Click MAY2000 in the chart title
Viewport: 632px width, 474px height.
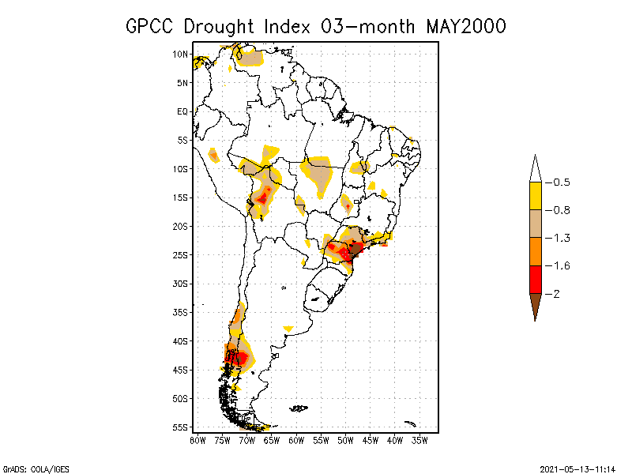pyautogui.click(x=466, y=26)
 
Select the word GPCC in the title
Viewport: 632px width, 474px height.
pyautogui.click(x=151, y=26)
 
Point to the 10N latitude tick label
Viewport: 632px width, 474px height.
pyautogui.click(x=180, y=55)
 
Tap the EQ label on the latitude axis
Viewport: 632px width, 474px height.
pyautogui.click(x=182, y=111)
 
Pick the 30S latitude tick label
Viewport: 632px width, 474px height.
pyautogui.click(x=180, y=284)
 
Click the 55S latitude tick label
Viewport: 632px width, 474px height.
pyautogui.click(x=180, y=427)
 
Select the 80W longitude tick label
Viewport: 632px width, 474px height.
pyautogui.click(x=197, y=440)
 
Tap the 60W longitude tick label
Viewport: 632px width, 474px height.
pyautogui.click(x=296, y=440)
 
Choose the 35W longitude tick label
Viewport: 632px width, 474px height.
pyautogui.click(x=419, y=440)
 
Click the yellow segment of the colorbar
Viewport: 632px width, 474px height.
pyautogui.click(x=535, y=196)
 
